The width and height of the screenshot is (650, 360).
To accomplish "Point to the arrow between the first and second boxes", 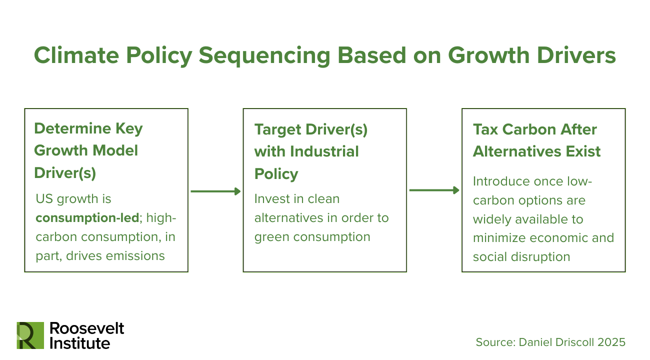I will (215, 191).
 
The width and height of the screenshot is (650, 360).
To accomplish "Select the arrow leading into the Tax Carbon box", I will (434, 190).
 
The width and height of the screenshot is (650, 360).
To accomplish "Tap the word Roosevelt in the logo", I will (86, 328).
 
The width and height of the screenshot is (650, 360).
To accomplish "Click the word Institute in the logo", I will (79, 343).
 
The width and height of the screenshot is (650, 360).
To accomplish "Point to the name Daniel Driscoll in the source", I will (558, 342).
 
